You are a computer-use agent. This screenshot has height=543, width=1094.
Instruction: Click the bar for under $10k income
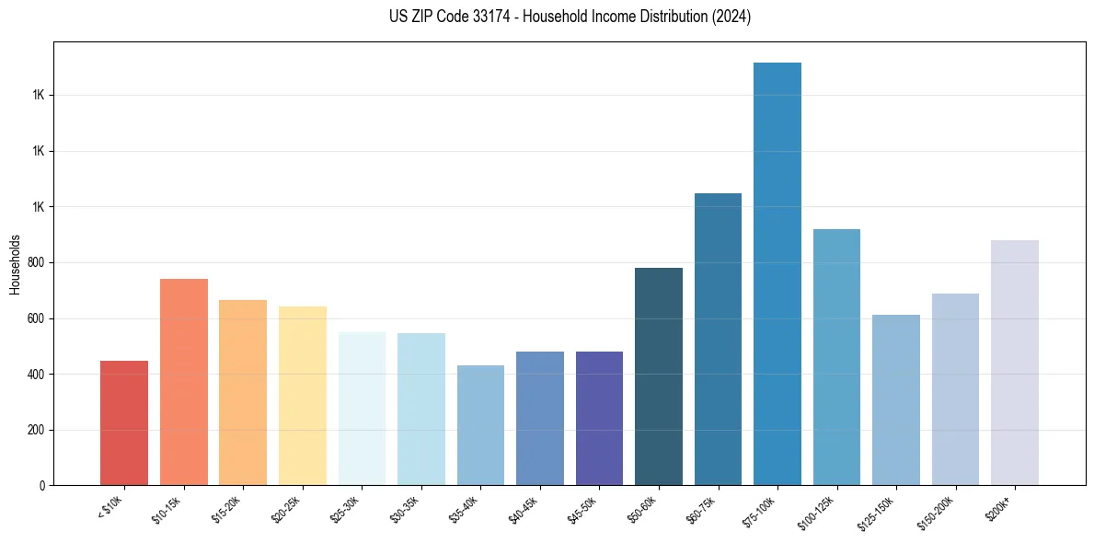(124, 422)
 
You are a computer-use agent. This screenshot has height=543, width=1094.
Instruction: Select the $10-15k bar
(184, 382)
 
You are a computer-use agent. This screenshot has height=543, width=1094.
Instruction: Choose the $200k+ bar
(1015, 363)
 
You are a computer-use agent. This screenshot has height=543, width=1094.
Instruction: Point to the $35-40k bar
(480, 425)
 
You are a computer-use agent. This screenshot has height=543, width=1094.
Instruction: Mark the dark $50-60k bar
(659, 376)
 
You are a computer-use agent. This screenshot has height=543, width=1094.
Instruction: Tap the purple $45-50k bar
(599, 418)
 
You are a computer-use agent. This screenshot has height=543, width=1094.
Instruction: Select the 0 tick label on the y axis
(41, 485)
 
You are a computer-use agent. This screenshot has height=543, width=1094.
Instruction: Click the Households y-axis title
(16, 264)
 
